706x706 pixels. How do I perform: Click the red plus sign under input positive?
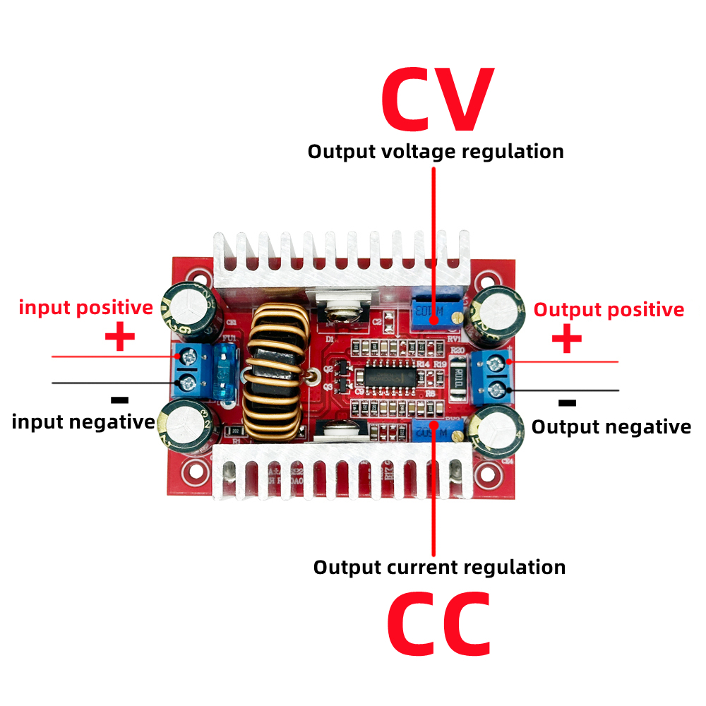(x=120, y=337)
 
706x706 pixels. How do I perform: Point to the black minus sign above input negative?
(x=120, y=400)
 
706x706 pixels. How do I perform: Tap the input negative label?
(x=83, y=422)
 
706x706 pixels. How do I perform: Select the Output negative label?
(x=611, y=427)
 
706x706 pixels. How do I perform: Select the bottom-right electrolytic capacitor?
(x=498, y=429)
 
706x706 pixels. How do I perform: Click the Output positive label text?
(x=609, y=310)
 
